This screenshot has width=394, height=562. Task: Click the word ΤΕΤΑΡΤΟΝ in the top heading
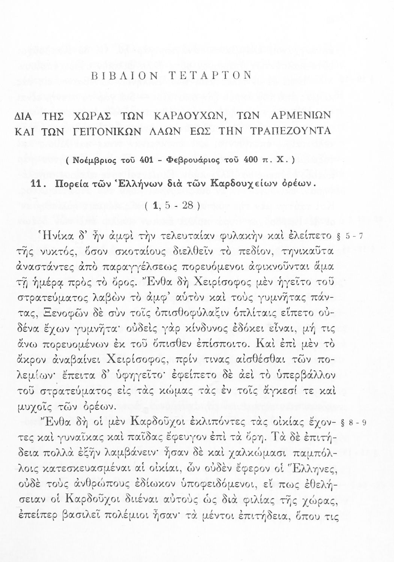211,76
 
